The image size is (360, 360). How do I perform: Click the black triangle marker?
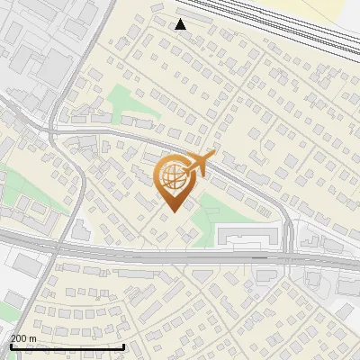181,24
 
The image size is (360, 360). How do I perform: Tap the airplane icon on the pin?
198,164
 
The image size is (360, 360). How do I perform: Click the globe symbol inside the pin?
173,178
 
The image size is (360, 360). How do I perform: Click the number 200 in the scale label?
20,338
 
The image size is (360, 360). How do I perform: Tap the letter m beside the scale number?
33,338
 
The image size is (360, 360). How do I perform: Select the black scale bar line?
67,346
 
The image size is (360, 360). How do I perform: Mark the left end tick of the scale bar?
11,345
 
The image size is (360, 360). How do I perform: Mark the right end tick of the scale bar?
123,345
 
